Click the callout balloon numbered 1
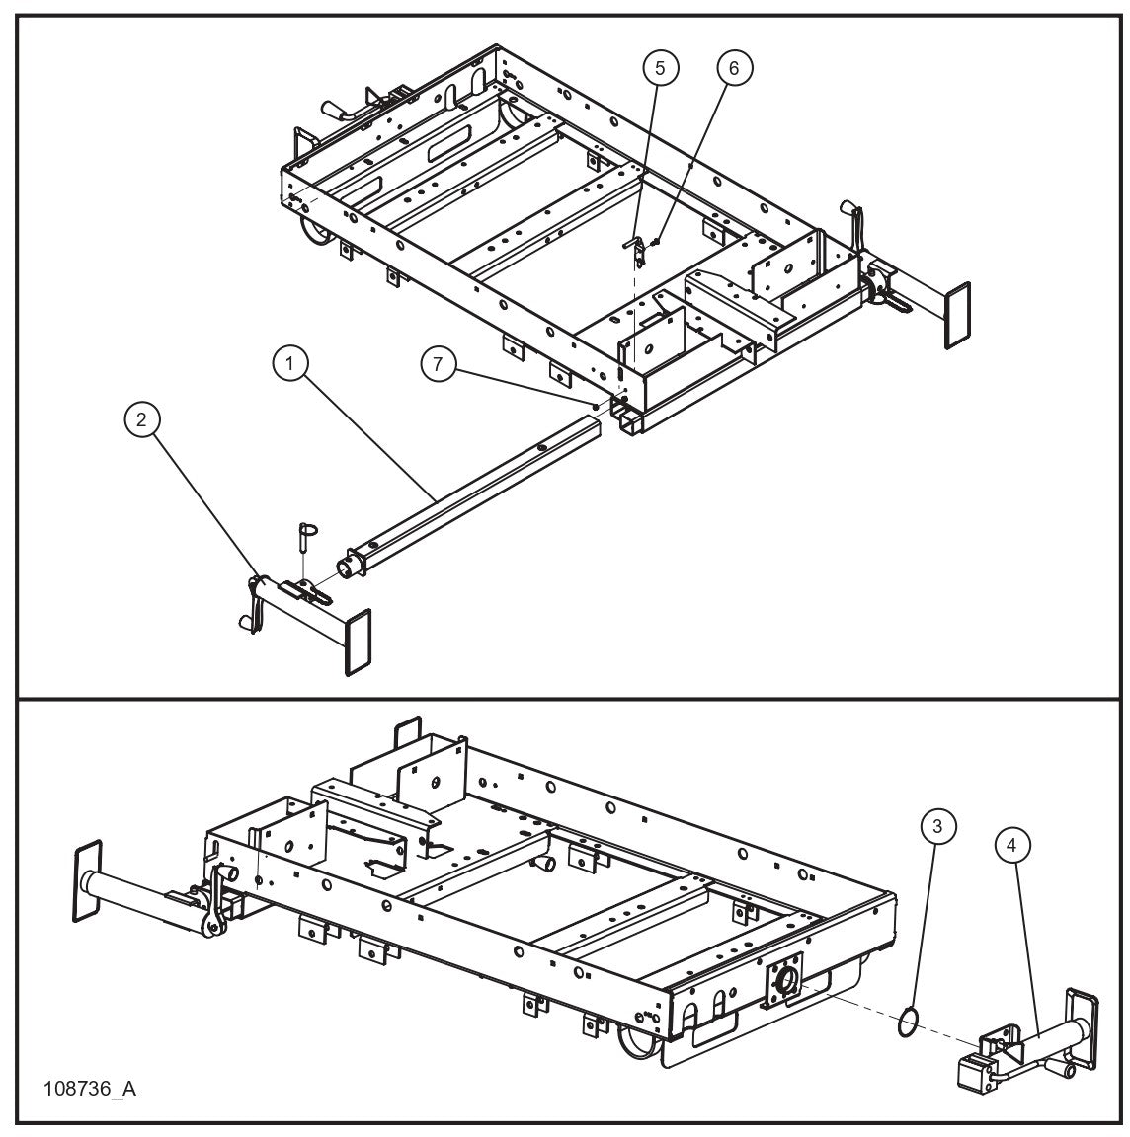(x=289, y=364)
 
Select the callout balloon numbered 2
(x=142, y=420)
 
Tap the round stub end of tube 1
(x=351, y=568)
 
